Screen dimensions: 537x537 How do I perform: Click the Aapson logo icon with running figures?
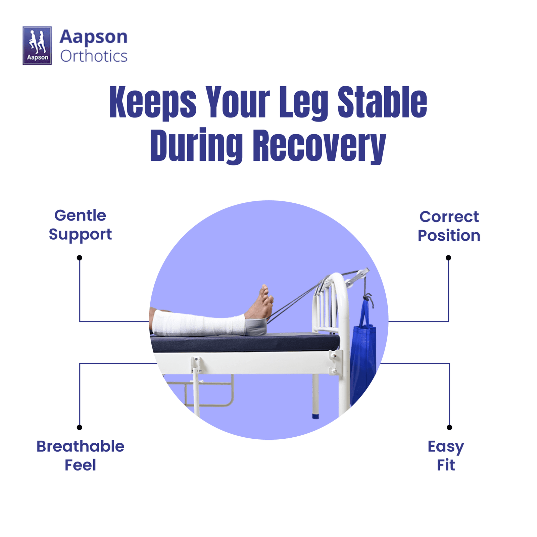click(x=37, y=46)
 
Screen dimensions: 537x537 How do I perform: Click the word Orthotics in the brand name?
click(x=94, y=56)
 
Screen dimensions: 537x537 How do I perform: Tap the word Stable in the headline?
click(x=382, y=102)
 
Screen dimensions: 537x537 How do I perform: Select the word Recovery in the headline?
click(x=319, y=146)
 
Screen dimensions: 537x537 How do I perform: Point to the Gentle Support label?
click(x=80, y=225)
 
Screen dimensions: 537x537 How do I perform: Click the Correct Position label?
click(x=449, y=226)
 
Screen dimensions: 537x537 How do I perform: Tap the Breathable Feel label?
click(x=80, y=455)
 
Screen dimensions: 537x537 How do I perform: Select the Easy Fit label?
click(x=446, y=456)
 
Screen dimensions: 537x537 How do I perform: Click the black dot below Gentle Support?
click(x=80, y=258)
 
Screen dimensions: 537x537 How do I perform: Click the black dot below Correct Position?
click(x=448, y=258)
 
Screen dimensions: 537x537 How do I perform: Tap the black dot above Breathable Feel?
click(x=80, y=427)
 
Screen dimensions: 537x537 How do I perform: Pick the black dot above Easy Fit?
click(x=449, y=427)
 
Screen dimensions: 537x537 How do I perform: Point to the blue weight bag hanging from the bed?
click(x=363, y=352)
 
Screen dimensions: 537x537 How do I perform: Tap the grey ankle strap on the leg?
click(x=256, y=327)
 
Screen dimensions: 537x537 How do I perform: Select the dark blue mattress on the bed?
click(x=245, y=342)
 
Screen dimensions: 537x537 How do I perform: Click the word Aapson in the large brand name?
click(x=94, y=37)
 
